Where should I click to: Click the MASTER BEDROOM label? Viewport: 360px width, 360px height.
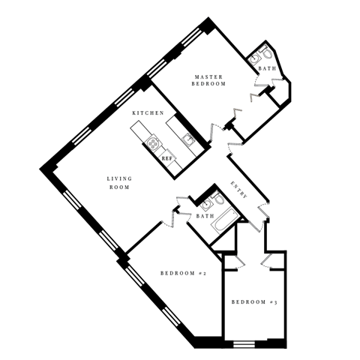pos(210,80)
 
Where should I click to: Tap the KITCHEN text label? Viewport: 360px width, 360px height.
pos(148,112)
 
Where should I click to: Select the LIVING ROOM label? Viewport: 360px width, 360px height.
pos(119,182)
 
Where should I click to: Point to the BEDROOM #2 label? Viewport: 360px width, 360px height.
pos(183,273)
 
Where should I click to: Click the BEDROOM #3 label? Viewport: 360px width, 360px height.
pos(254,302)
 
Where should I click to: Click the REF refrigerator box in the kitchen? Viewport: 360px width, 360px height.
pos(165,157)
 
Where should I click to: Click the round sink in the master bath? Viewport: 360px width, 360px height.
pos(267,53)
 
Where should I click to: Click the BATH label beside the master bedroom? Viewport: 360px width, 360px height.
pos(267,69)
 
